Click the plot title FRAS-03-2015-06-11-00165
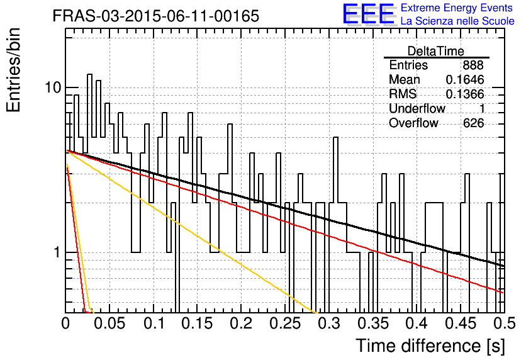[x=156, y=16]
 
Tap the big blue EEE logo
[x=368, y=14]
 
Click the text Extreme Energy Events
[x=457, y=8]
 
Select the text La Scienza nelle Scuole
[x=457, y=21]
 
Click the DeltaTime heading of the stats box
[x=436, y=51]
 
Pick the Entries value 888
[x=473, y=65]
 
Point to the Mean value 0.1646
[x=465, y=79]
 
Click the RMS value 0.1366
[x=465, y=94]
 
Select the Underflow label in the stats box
[x=417, y=108]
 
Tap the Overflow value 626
[x=473, y=123]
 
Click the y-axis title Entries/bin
[x=13, y=70]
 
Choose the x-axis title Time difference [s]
[x=430, y=346]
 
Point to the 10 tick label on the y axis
[x=53, y=87]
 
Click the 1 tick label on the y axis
[x=57, y=252]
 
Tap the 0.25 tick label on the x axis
[x=285, y=323]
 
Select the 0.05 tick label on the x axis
[x=109, y=323]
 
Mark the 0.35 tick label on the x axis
[x=372, y=323]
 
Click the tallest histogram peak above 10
[x=89, y=74]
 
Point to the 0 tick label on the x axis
[x=65, y=323]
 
